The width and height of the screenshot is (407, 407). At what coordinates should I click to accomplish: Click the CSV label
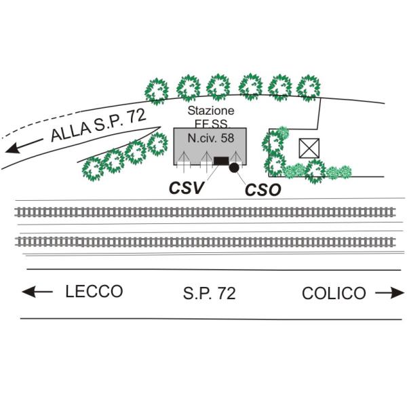coord(187,188)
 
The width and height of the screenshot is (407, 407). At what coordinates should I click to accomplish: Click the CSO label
coord(263,190)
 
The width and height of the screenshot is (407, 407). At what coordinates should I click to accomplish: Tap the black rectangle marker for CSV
coord(221,161)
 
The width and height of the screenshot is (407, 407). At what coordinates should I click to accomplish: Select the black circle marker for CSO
coord(234,167)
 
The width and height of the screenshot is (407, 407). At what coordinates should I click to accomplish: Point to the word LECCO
coord(94,292)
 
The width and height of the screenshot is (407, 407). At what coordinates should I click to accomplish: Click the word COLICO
coord(334,294)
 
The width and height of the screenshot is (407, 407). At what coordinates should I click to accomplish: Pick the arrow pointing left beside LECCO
coord(37,292)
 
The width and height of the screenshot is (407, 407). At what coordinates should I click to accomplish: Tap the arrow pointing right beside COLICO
coord(389,293)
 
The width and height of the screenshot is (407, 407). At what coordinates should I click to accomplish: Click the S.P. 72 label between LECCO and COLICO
coord(209,294)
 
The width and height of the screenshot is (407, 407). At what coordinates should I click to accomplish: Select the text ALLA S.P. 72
coord(98,126)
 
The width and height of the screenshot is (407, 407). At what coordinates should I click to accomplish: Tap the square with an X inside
coord(309,147)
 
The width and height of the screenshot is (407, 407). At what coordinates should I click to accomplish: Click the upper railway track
coord(203,212)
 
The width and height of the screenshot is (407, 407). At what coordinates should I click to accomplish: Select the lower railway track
coord(203,241)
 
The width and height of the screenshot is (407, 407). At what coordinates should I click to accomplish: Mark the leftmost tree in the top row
coord(157,90)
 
